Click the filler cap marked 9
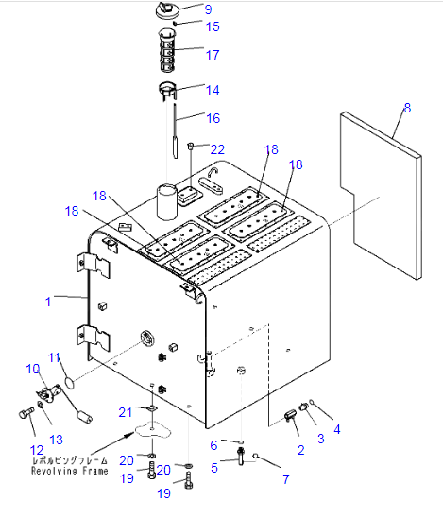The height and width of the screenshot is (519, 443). tap(167, 10)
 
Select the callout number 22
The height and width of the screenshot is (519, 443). tap(217, 149)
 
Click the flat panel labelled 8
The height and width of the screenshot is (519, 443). tap(381, 196)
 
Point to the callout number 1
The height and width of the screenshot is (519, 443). tap(48, 302)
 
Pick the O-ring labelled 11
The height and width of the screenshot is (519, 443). tap(70, 383)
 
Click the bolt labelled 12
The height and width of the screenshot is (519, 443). tap(26, 412)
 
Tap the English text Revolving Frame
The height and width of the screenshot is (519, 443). tap(70, 471)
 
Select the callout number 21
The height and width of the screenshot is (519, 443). tap(125, 412)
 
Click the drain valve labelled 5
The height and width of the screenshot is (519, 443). tap(241, 456)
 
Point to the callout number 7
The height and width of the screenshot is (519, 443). tap(286, 478)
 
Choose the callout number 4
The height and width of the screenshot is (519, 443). tap(337, 429)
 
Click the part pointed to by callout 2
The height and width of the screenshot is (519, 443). tap(291, 415)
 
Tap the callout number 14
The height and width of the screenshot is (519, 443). tap(213, 90)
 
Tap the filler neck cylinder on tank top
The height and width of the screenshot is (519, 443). tap(167, 202)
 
